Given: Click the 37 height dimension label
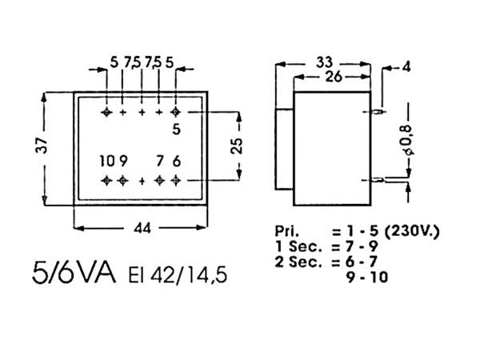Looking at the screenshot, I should (x=43, y=145).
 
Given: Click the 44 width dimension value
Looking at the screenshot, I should (x=142, y=228).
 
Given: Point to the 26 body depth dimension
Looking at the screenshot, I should (x=334, y=78).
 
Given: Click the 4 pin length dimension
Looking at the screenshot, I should (x=406, y=66).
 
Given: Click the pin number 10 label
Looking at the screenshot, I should (x=107, y=162).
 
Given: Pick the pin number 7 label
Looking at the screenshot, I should (x=160, y=162).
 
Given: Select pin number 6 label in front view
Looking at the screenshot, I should (x=177, y=162).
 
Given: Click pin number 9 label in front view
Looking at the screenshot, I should (x=123, y=162).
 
